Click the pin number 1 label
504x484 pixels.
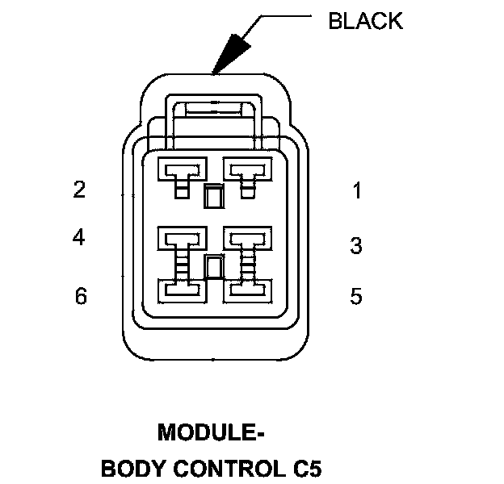tap(356, 191)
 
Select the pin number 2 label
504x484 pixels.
tap(79, 190)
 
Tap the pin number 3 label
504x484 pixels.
tap(356, 246)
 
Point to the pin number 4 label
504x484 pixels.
tap(79, 238)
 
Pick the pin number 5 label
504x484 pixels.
tap(356, 297)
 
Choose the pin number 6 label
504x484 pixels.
tap(80, 297)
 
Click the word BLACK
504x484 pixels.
tap(365, 21)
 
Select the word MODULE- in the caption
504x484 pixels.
tap(212, 433)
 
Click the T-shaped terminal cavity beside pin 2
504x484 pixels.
tap(182, 172)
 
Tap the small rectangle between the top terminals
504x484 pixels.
tap(213, 196)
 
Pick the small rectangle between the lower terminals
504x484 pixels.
tap(213, 267)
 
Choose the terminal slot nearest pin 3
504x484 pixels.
tap(246, 237)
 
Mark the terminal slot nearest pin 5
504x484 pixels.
tap(246, 289)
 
